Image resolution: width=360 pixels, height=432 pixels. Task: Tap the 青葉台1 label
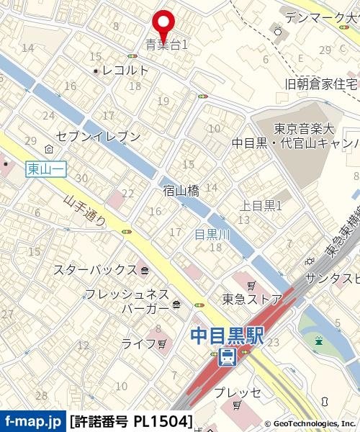coord(166,45)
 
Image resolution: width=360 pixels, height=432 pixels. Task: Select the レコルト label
coord(125,70)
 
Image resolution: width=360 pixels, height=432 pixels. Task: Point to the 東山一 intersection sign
coord(46,168)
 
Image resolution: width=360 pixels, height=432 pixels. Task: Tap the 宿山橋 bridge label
coord(181,190)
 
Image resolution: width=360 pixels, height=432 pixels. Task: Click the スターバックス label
coord(95,270)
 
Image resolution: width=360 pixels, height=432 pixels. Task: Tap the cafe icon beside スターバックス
coord(145,271)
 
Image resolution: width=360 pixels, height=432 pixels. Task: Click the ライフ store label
coord(138,343)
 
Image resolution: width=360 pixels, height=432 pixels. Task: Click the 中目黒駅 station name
coord(227,336)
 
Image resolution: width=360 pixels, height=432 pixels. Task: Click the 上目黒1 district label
coord(260,206)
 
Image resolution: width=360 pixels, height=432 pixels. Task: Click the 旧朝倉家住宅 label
coord(321,84)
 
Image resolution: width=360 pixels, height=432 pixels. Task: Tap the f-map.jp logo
coord(32,420)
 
